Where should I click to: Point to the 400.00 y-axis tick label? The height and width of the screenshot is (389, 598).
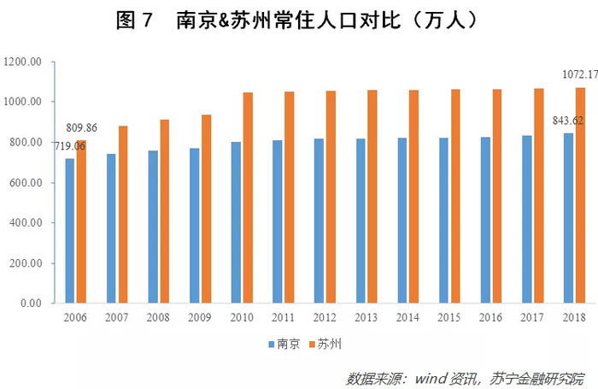coord(26,223)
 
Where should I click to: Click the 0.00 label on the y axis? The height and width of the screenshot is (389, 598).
coord(31,304)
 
